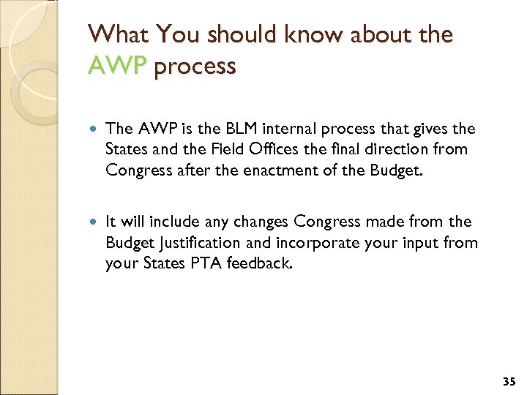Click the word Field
click(x=228, y=150)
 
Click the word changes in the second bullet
click(x=261, y=222)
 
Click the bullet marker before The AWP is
click(x=91, y=129)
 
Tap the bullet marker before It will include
click(x=91, y=222)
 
